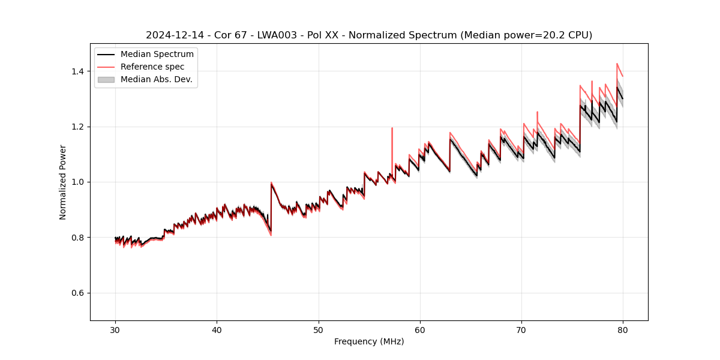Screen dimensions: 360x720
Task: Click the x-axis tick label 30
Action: point(115,330)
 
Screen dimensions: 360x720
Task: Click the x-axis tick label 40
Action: point(217,330)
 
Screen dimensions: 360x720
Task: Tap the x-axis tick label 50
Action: point(319,330)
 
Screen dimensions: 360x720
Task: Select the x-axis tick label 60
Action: point(420,330)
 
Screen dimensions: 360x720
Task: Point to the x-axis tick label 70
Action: point(521,330)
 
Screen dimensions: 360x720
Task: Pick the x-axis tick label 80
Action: point(623,330)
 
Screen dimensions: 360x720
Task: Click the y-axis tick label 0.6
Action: point(79,293)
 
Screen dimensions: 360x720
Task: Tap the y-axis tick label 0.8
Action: point(79,238)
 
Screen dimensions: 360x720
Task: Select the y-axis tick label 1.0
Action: point(79,182)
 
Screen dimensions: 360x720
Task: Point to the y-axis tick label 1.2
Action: point(79,127)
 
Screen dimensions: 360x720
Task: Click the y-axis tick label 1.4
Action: point(79,71)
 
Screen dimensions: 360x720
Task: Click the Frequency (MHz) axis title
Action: point(369,341)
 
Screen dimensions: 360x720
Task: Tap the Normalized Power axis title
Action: point(63,182)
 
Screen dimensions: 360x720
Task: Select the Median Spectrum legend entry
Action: point(157,55)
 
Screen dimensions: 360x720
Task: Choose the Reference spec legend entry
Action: point(152,67)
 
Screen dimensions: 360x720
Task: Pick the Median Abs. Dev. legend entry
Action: point(156,79)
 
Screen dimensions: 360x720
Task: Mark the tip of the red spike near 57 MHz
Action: point(392,128)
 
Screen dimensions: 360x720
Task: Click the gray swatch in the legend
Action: point(106,79)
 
